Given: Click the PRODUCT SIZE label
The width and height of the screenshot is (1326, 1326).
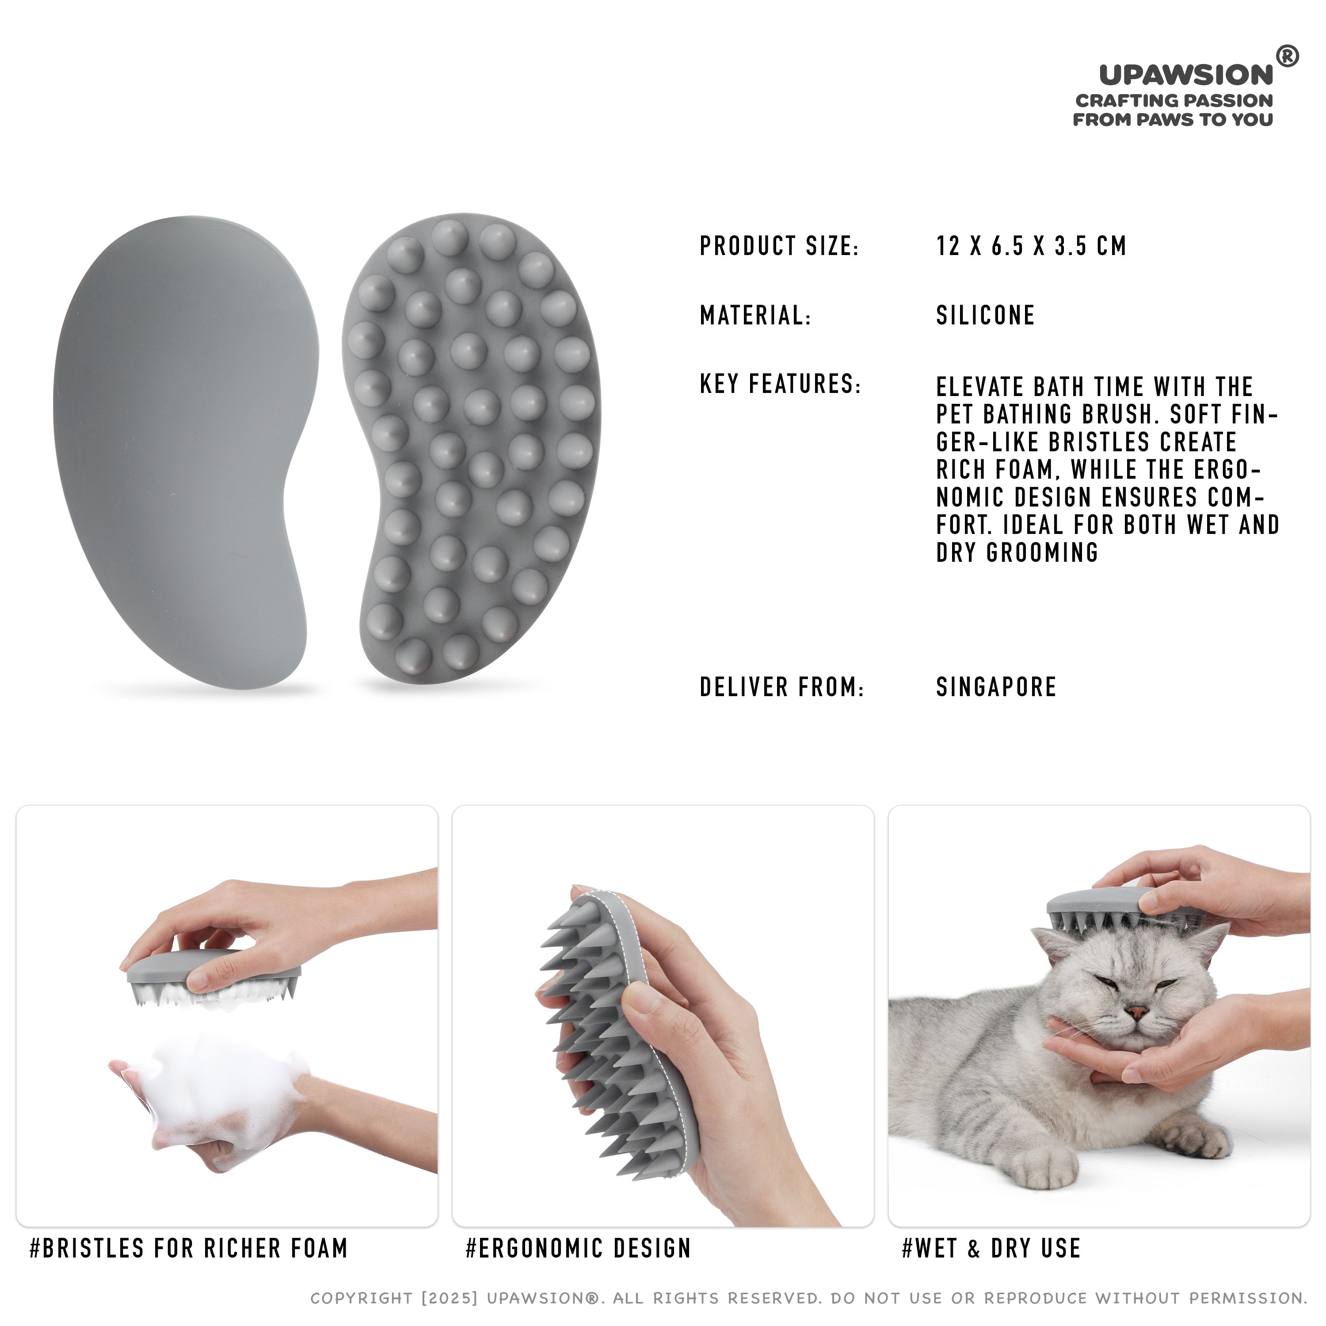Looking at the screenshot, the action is click(779, 246).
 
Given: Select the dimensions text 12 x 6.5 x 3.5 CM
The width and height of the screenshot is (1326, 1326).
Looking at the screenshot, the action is click(1031, 246).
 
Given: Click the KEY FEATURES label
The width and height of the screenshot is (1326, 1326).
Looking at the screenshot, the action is click(780, 384).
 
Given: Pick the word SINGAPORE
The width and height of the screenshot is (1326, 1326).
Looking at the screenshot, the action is click(996, 686).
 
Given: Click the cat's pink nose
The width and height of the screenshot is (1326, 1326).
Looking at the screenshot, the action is click(1137, 1012).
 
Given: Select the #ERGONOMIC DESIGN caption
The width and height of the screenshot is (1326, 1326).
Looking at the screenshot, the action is click(578, 1248).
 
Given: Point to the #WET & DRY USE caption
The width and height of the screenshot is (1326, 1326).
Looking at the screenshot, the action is click(991, 1248).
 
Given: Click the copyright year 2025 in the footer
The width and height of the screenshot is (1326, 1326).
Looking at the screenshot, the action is click(450, 1298).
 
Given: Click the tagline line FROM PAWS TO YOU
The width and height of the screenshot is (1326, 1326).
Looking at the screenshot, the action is click(1173, 119).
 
